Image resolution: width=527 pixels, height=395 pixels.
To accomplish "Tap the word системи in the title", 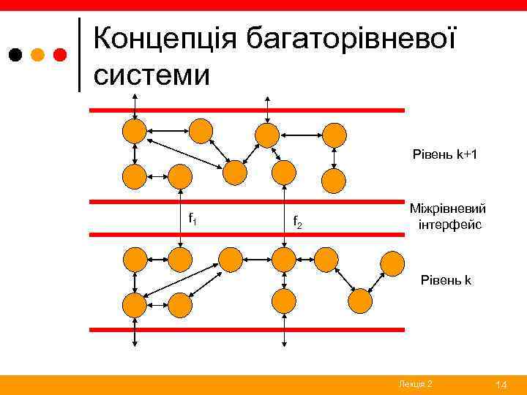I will coord(152,74).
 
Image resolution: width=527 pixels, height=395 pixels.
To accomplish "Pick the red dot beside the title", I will coord(61,55).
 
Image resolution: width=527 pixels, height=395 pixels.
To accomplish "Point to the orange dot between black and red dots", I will coord(39,55).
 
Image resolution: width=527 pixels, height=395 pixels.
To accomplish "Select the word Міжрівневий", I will coord(446,209).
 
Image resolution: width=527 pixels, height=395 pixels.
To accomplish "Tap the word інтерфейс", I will coord(449,225).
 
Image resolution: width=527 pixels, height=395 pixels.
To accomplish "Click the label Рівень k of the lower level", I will coord(445,279).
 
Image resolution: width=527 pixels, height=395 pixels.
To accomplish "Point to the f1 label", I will coord(193,217).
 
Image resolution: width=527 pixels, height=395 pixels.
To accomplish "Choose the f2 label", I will coord(297,220).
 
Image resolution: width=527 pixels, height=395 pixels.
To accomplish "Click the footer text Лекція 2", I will coord(416,384).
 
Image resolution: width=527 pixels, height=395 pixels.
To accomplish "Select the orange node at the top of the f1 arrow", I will coord(179,176).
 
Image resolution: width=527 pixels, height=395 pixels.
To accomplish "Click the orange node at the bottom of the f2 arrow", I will coord(283,258).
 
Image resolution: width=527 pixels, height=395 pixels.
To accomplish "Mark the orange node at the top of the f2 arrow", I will coord(283,173).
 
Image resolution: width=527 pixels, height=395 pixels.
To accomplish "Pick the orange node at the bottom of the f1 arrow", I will coord(179,258).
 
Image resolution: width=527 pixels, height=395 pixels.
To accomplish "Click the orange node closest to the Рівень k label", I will coord(392,262).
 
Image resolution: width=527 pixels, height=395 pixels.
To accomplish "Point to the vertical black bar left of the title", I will coord(79,55).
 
